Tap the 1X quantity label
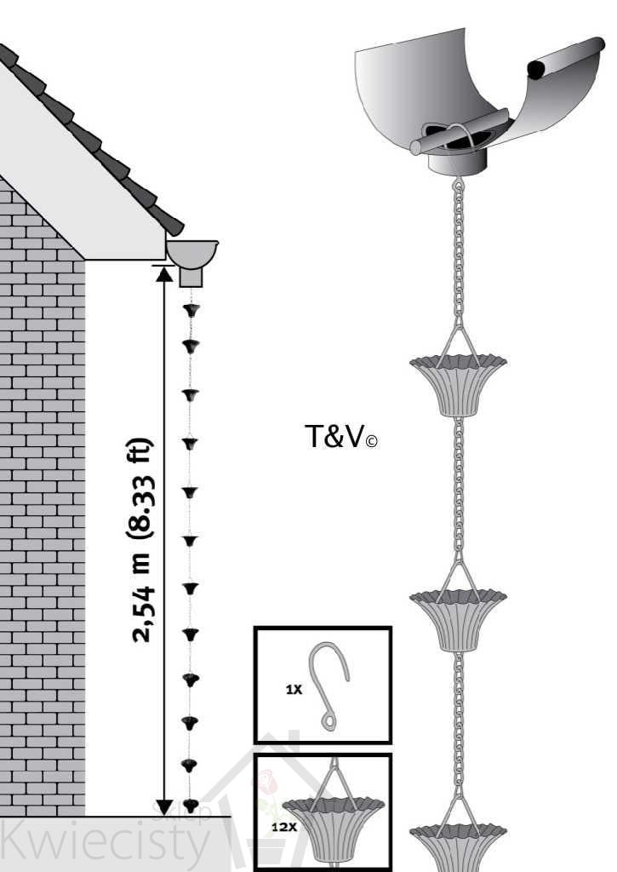coord(294,689)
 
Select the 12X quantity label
coord(273,826)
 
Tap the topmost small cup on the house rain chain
coord(191,310)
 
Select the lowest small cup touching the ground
coord(191,804)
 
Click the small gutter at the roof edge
coord(191,251)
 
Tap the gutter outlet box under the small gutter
coord(191,276)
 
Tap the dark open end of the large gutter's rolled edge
coord(538,68)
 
